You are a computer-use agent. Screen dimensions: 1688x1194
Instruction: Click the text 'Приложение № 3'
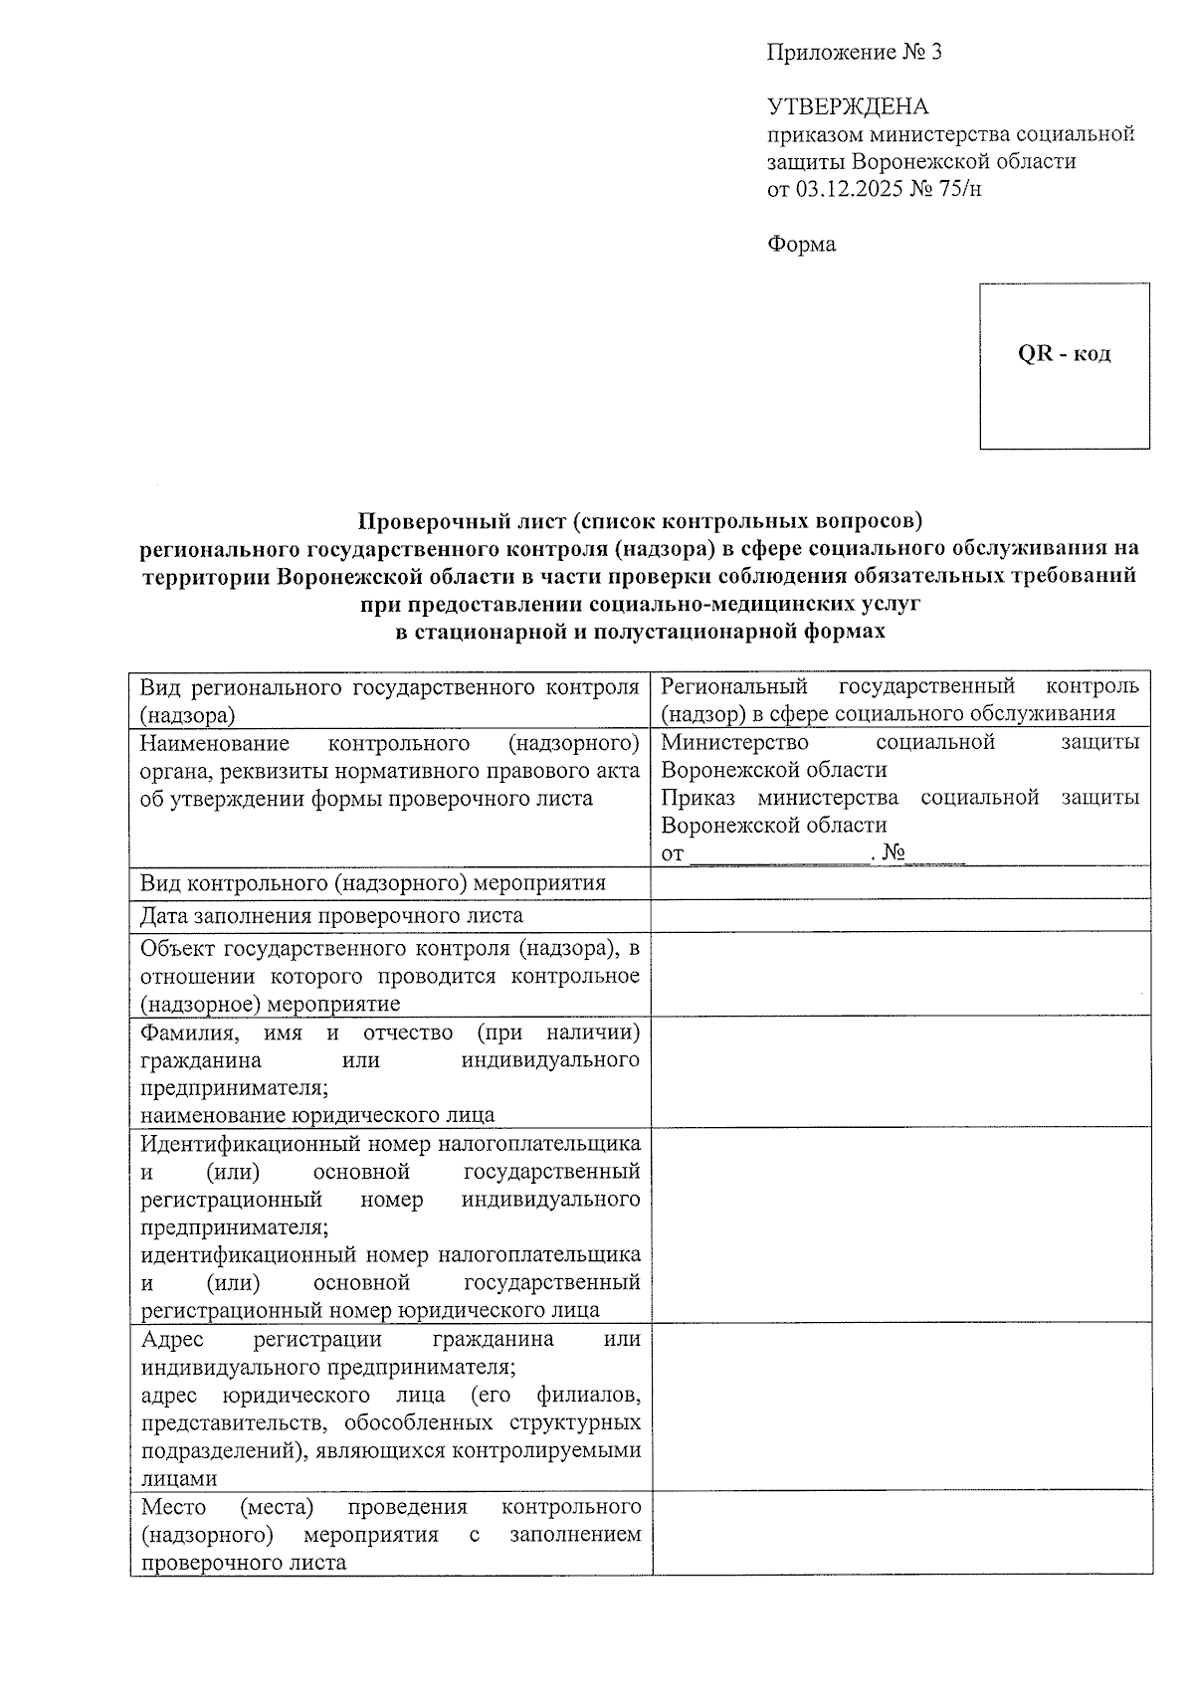[x=854, y=53]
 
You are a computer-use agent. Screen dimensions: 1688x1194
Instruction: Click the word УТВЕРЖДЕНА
[x=847, y=106]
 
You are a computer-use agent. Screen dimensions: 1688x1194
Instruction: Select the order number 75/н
[x=959, y=188]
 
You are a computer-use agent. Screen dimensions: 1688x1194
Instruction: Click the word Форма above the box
[x=801, y=244]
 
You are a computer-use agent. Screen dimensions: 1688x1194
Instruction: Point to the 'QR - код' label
[x=1064, y=354]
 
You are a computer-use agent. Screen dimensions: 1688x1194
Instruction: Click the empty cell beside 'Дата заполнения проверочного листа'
[x=900, y=915]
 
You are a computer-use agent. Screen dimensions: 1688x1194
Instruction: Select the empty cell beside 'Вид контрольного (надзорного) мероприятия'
[x=900, y=882]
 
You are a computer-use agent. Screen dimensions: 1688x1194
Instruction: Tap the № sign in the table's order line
[x=893, y=852]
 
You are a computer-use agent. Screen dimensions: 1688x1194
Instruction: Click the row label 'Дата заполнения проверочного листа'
[x=331, y=915]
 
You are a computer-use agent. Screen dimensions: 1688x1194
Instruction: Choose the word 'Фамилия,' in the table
[x=188, y=1032]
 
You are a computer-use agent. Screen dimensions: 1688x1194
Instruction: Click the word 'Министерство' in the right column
[x=734, y=742]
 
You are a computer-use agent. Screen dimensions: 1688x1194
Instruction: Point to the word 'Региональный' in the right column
[x=734, y=686]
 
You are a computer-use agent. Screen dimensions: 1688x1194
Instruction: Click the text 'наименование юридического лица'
[x=317, y=1115]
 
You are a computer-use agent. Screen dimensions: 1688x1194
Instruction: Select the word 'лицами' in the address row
[x=179, y=1478]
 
